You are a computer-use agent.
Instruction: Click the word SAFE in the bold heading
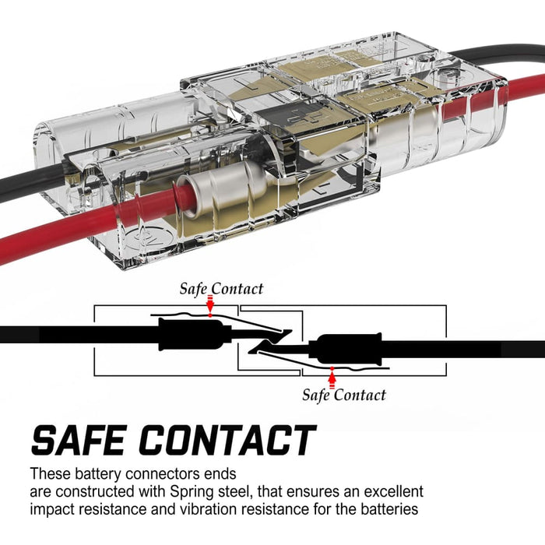tap(85, 441)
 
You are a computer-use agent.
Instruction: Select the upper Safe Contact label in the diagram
tap(221, 289)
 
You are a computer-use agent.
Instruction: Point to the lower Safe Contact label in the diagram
tap(344, 395)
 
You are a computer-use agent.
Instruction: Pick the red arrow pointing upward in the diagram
tap(332, 378)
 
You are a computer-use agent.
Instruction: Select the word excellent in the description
tap(394, 492)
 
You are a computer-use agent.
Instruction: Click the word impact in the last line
tap(52, 510)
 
